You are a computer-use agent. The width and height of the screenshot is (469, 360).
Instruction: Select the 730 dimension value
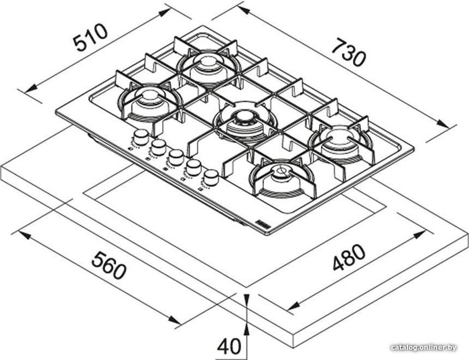pyautogui.click(x=349, y=52)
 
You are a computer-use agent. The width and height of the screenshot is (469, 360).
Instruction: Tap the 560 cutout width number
pyautogui.click(x=109, y=265)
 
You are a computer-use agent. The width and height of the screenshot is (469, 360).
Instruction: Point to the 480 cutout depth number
pyautogui.click(x=349, y=257)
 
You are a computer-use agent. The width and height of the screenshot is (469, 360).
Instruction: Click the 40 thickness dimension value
pyautogui.click(x=229, y=347)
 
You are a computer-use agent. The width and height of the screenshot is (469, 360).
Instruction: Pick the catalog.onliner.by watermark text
pyautogui.click(x=424, y=347)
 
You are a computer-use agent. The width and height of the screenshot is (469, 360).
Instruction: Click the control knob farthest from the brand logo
pyautogui.click(x=141, y=137)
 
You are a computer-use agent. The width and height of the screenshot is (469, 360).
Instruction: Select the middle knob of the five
pyautogui.click(x=176, y=157)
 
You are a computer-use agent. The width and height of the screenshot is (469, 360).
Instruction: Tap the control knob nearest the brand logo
pyautogui.click(x=211, y=178)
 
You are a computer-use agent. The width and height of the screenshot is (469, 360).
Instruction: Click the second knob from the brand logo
pyautogui.click(x=194, y=167)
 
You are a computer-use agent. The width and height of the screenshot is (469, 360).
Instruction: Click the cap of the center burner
pyautogui.click(x=242, y=117)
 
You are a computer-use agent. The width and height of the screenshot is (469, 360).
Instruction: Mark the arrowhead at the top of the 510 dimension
pyautogui.click(x=165, y=13)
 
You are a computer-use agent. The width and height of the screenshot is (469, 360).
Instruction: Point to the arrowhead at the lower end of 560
pyautogui.click(x=174, y=320)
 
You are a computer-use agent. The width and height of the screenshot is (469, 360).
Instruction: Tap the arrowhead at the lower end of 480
pyautogui.click(x=293, y=306)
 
